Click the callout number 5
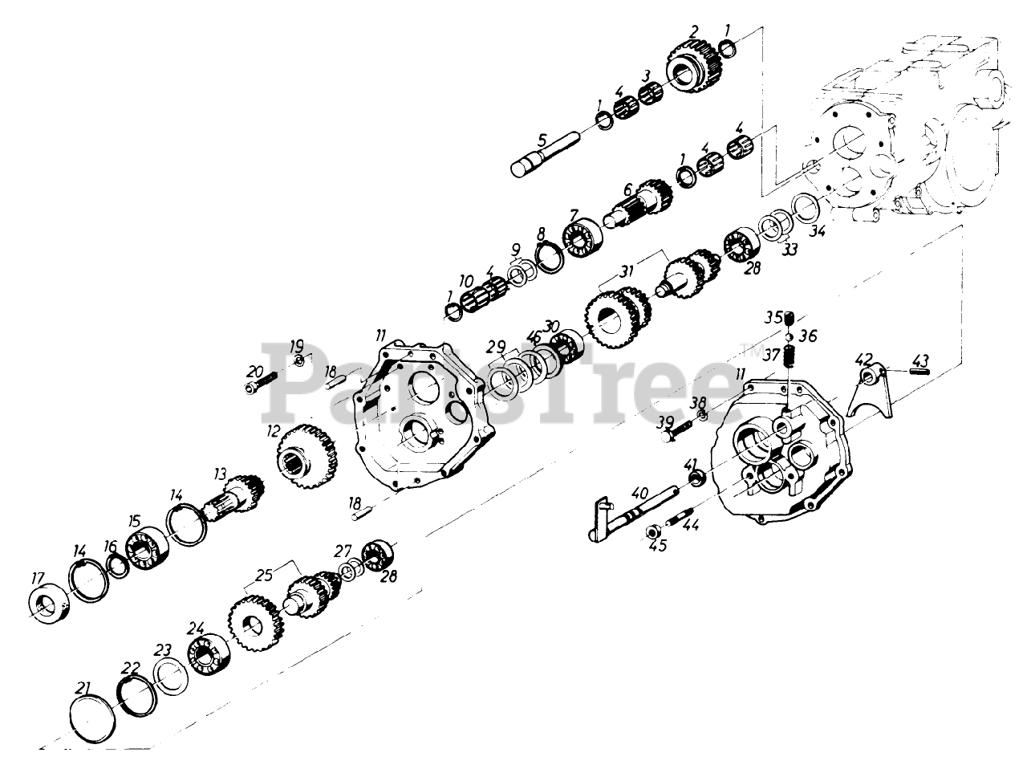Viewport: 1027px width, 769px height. coord(542,139)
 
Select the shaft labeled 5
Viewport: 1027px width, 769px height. coord(545,157)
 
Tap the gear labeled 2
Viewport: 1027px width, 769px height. coord(691,64)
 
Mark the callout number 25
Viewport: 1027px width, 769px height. coord(265,574)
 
